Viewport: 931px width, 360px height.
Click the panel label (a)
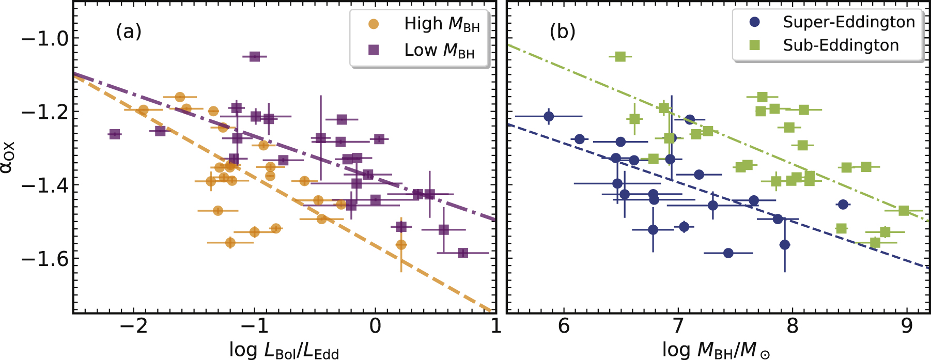coord(128,32)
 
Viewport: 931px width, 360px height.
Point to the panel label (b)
coord(562,32)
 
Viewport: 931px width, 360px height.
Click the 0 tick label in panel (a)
coord(375,326)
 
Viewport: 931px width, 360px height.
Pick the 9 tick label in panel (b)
coord(907,326)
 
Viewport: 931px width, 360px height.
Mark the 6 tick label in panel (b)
coord(564,326)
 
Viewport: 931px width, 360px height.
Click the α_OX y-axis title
coord(9,158)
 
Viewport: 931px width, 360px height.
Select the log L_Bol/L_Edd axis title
coord(284,350)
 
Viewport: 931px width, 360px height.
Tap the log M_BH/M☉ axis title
coord(716,350)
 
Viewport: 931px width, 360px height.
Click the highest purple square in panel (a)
coord(254,56)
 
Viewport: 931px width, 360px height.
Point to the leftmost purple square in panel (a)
coord(115,134)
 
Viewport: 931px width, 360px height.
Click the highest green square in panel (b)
coord(620,56)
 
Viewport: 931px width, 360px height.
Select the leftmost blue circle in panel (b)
coord(549,117)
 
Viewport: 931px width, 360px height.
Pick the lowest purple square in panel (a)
coord(463,253)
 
